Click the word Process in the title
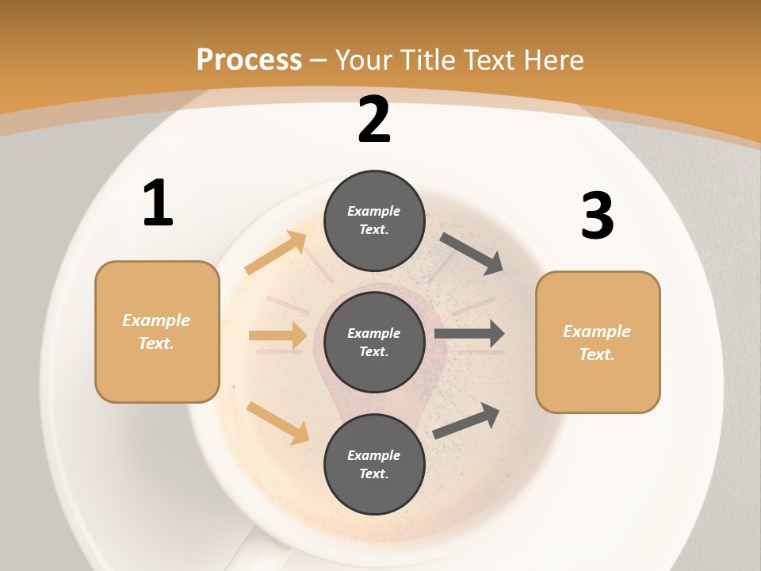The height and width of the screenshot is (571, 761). pyautogui.click(x=249, y=60)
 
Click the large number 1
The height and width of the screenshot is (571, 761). pyautogui.click(x=158, y=203)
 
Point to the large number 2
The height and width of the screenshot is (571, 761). pyautogui.click(x=374, y=121)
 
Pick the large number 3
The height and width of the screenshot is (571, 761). pyautogui.click(x=597, y=216)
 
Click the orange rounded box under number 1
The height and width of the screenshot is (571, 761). pyautogui.click(x=157, y=331)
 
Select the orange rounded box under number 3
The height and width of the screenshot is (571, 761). pyautogui.click(x=598, y=343)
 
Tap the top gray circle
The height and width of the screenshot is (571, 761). pyautogui.click(x=374, y=220)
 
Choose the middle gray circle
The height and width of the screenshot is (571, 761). pyautogui.click(x=374, y=342)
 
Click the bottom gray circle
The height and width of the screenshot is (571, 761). pyautogui.click(x=374, y=464)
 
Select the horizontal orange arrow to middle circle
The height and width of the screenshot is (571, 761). pyautogui.click(x=278, y=335)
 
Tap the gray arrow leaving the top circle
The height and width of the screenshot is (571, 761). pyautogui.click(x=471, y=253)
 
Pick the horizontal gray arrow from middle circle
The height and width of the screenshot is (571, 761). pyautogui.click(x=469, y=334)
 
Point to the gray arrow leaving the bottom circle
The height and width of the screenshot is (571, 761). pyautogui.click(x=466, y=421)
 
